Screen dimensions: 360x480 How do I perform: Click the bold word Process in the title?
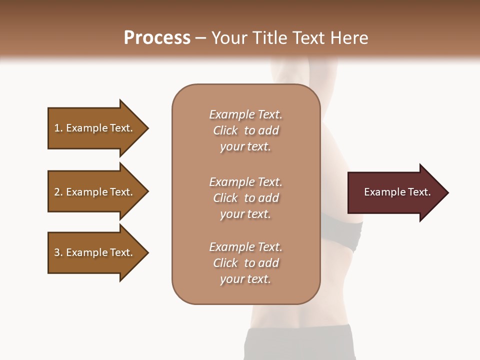click(x=157, y=38)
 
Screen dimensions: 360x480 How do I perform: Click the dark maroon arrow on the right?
click(x=395, y=192)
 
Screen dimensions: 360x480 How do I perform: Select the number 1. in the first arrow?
click(x=58, y=128)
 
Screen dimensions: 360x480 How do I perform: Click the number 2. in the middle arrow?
click(x=58, y=192)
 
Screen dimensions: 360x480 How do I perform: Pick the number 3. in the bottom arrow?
click(x=58, y=252)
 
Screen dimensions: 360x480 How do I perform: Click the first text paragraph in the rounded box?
click(x=245, y=130)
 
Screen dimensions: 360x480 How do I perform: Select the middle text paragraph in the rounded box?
click(x=245, y=198)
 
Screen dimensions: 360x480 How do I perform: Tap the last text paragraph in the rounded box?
click(x=245, y=263)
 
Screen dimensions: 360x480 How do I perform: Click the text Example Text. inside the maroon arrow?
click(x=397, y=192)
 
